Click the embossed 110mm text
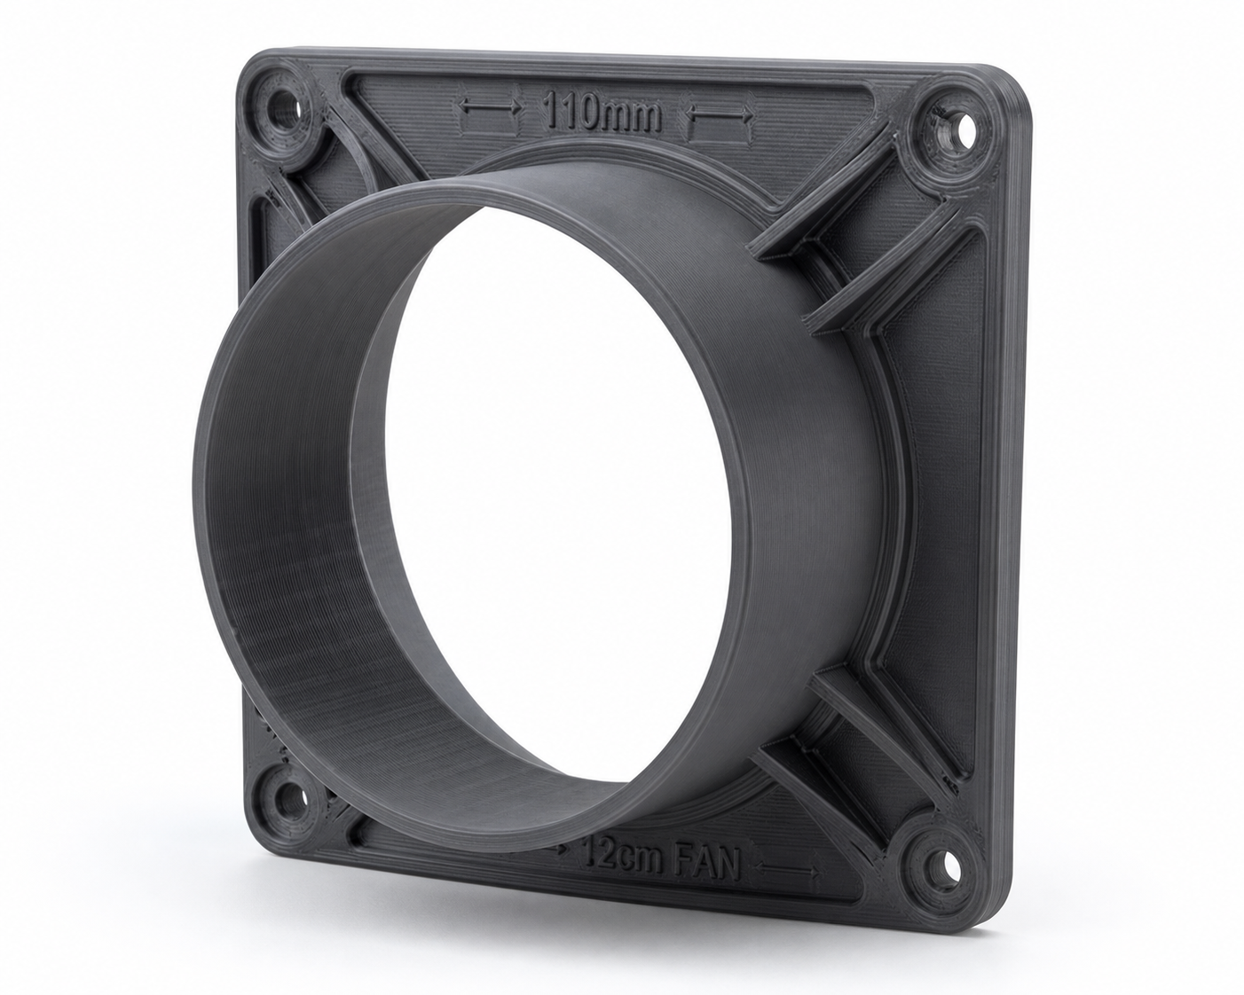click(x=602, y=114)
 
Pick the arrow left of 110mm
click(x=490, y=106)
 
